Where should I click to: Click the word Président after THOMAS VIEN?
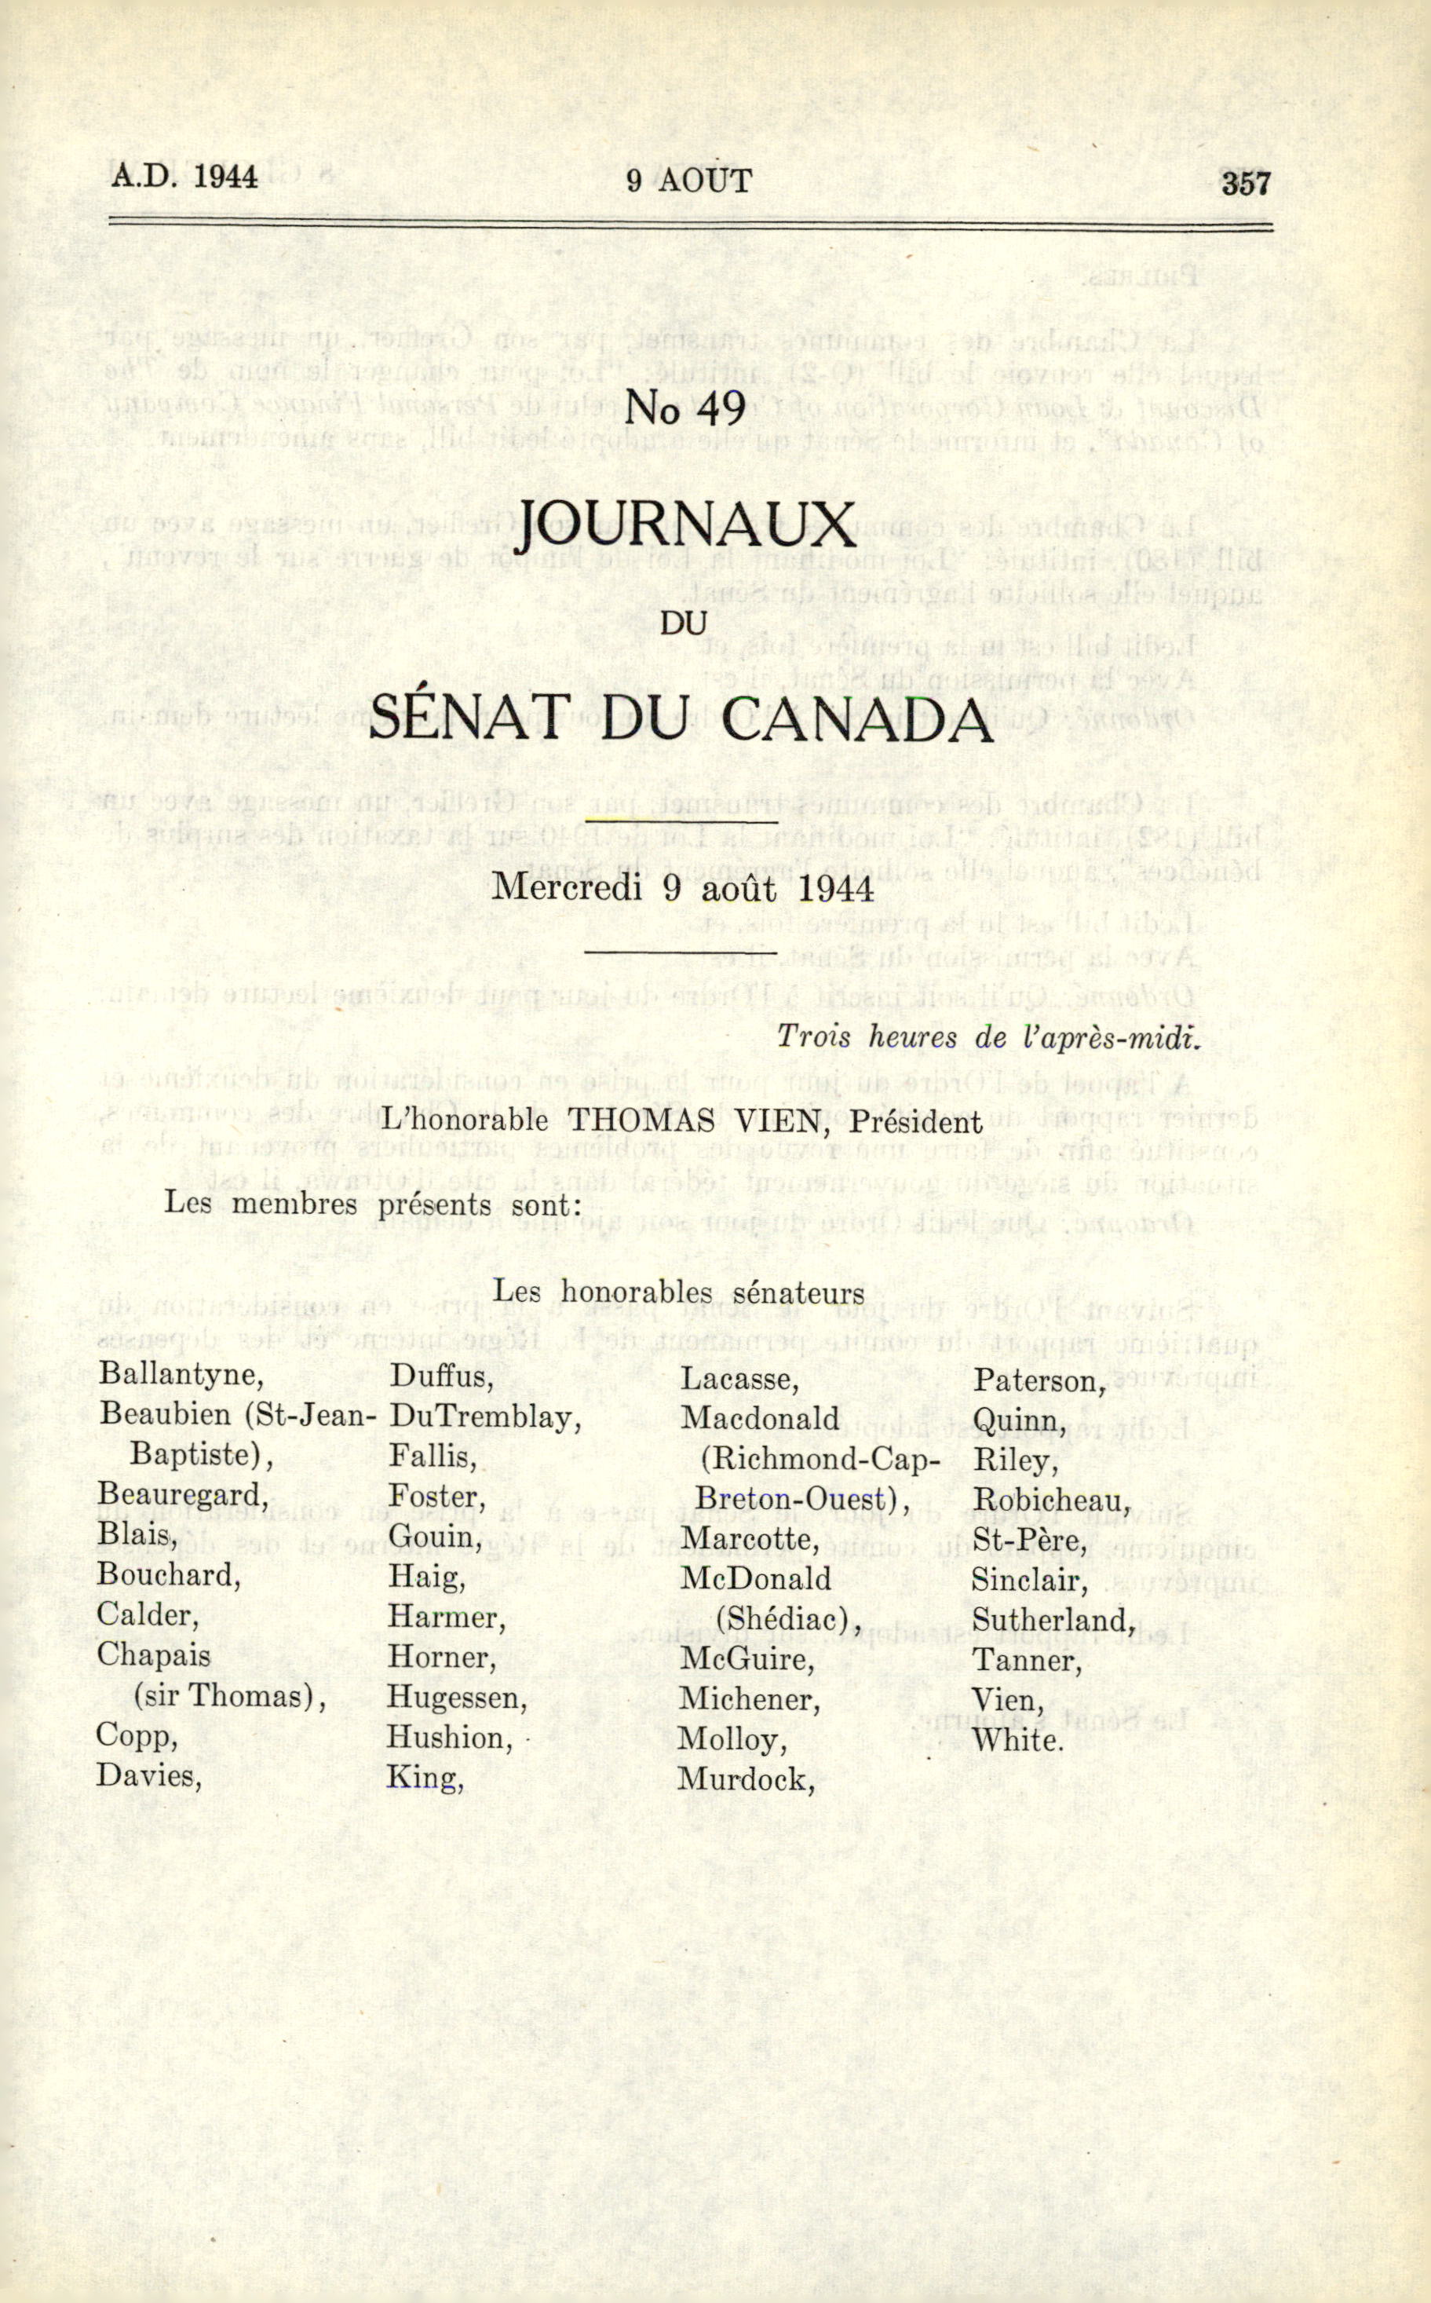(x=915, y=1122)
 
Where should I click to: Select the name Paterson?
(x=1039, y=1382)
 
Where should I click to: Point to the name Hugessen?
(x=456, y=1698)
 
